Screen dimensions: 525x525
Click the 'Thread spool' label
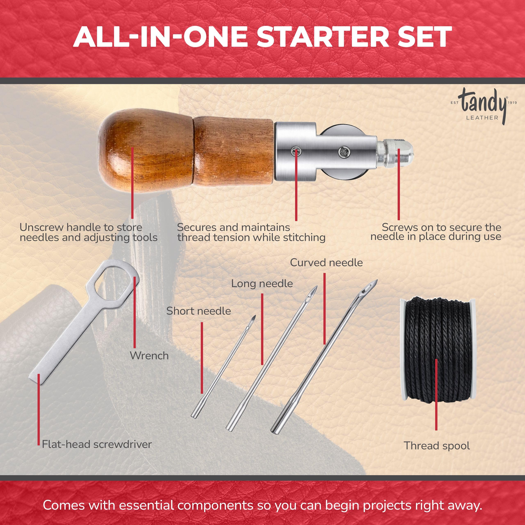(x=437, y=446)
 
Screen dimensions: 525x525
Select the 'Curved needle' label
(x=326, y=263)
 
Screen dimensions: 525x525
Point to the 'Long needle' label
(x=262, y=284)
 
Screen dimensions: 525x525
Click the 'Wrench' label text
(x=149, y=356)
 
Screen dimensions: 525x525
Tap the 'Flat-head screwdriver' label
(x=97, y=444)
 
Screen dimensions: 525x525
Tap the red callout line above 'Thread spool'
(x=436, y=394)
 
